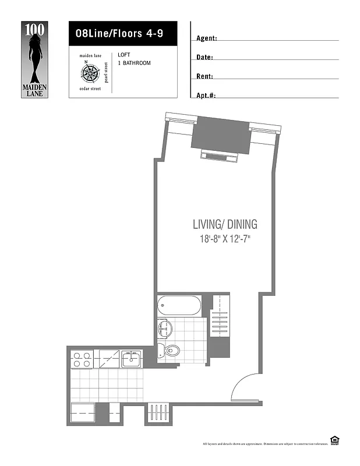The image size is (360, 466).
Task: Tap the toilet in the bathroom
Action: [171, 350]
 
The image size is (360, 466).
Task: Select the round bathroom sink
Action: [163, 328]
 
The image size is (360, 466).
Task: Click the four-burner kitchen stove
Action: [82, 359]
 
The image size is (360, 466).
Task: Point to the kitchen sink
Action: [132, 359]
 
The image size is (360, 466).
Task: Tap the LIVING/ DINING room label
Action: [225, 224]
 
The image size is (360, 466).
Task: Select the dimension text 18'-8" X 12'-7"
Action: [225, 239]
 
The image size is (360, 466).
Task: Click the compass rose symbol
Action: [90, 73]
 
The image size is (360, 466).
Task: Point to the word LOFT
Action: [124, 55]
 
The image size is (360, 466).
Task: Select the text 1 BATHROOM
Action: [134, 63]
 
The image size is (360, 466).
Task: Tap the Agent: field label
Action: [207, 38]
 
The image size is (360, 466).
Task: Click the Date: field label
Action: [204, 58]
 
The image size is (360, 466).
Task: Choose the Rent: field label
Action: [204, 76]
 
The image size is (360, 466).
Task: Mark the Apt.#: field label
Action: [206, 95]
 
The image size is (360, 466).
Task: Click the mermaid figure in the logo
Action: [34, 55]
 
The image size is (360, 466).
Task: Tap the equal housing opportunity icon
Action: [334, 439]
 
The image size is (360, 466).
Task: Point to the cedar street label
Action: [90, 89]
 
